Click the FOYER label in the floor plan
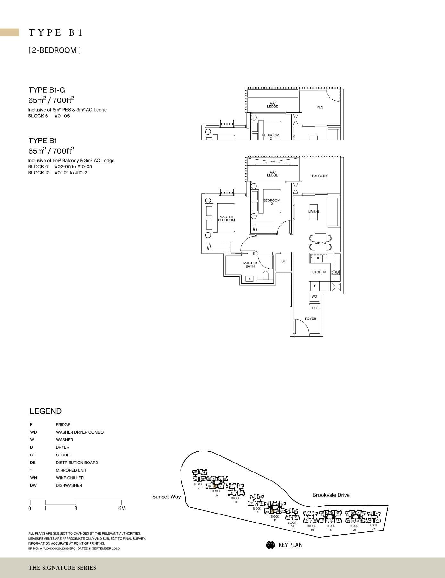click(x=310, y=319)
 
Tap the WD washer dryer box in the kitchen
click(x=314, y=297)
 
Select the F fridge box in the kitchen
click(x=315, y=286)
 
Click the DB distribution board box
click(x=314, y=308)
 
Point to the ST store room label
click(x=283, y=261)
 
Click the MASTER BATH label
click(x=250, y=265)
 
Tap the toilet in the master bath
click(x=265, y=276)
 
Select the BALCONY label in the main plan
click(x=320, y=176)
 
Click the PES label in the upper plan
click(x=320, y=107)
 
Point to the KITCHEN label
click(x=318, y=272)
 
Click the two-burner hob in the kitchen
click(x=335, y=272)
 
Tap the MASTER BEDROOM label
click(x=226, y=219)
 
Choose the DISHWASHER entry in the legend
click(x=69, y=485)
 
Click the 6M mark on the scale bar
click(x=122, y=508)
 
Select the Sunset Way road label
click(x=166, y=497)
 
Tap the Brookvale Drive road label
click(x=331, y=495)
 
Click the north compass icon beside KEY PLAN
click(x=271, y=545)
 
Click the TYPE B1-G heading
click(x=47, y=90)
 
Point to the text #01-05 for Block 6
click(x=62, y=116)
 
